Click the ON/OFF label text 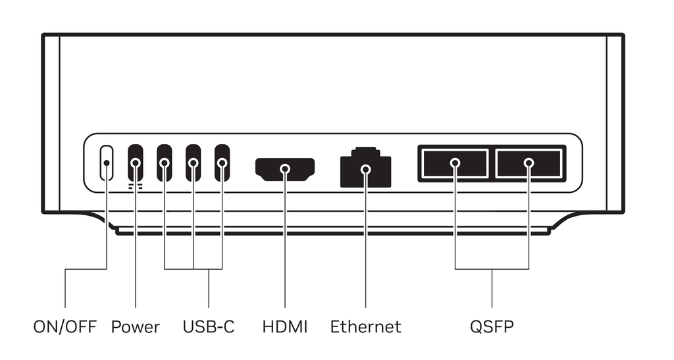[x=65, y=327]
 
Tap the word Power [x=136, y=327]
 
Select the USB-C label [x=209, y=327]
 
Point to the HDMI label [x=285, y=327]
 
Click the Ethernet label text [x=366, y=327]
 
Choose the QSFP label [x=492, y=327]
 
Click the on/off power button [x=107, y=163]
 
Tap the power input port [x=136, y=163]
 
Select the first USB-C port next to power [x=164, y=163]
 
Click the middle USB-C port [x=193, y=163]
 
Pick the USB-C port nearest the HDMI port [x=222, y=163]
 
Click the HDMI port [x=285, y=169]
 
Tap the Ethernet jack [x=366, y=168]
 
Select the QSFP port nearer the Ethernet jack [x=455, y=163]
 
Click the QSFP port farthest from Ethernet [x=529, y=163]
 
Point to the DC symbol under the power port [x=136, y=186]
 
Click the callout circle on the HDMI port [x=285, y=169]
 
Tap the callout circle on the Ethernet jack [x=366, y=169]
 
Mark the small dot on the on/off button [x=107, y=163]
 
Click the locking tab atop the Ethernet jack [x=366, y=151]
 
